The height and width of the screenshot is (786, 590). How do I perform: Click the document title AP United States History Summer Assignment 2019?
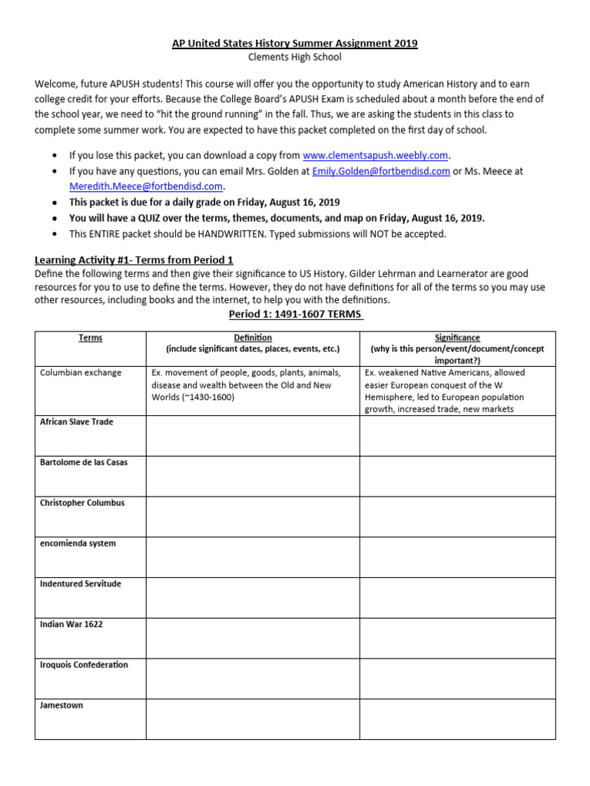point(295,44)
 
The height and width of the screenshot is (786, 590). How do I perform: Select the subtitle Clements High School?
point(295,58)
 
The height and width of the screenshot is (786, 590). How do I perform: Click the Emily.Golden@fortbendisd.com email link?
point(380,171)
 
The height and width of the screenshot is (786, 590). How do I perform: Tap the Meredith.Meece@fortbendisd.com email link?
point(146,187)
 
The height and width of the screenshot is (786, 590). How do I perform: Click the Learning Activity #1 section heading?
point(134,260)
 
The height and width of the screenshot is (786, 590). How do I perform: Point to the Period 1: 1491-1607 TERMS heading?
point(295,315)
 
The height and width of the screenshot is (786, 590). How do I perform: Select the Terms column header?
point(90,338)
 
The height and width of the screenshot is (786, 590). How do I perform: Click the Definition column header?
point(252,338)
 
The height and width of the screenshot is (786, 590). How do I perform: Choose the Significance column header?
point(457,338)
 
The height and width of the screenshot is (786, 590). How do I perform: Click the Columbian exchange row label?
point(81,373)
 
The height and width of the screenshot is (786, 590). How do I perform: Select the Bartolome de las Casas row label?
point(84,463)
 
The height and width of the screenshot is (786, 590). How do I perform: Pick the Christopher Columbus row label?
point(82,504)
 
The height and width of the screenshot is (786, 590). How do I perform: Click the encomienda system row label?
point(78,543)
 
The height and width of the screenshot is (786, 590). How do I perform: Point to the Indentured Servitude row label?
point(81,584)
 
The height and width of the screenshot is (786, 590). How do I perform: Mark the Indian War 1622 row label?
point(71,625)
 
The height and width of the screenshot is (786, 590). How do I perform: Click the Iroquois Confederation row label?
point(84,665)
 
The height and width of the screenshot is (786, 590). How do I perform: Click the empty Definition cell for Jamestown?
point(252,719)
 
